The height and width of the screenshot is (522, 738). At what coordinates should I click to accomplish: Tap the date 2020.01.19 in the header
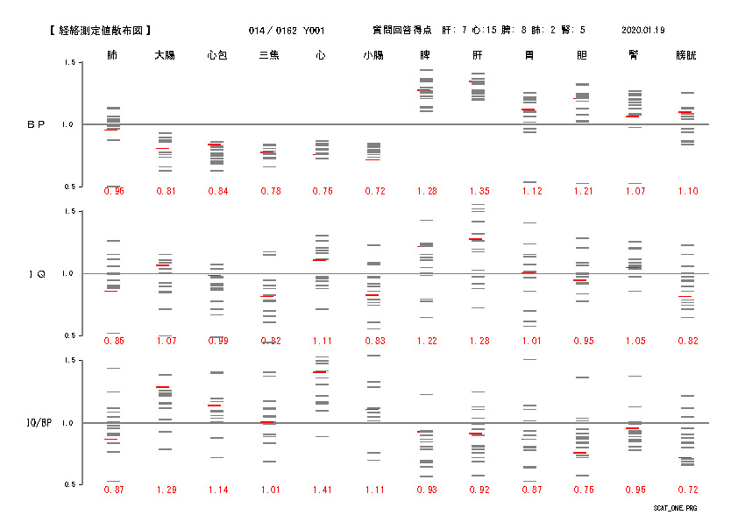643,31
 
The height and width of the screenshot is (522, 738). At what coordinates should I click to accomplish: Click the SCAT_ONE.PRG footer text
675,508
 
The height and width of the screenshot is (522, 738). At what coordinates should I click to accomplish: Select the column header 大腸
165,55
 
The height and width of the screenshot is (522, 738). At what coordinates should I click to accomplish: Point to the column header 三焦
269,55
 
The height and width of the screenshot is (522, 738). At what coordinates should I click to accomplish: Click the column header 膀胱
686,55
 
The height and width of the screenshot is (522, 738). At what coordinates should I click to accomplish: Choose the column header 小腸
373,55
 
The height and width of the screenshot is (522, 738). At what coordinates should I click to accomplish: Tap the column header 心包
216,55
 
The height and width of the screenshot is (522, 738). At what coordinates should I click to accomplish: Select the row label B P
36,124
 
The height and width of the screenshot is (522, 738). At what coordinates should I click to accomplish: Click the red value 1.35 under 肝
478,191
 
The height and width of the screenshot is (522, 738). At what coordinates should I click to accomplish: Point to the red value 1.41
321,490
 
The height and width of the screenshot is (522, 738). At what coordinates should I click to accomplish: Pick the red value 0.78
269,191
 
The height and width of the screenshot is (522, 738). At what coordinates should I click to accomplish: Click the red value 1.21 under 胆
582,191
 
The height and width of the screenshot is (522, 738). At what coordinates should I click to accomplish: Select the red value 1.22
426,341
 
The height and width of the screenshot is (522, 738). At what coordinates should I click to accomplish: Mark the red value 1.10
686,191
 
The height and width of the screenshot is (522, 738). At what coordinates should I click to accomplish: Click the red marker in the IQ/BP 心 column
320,372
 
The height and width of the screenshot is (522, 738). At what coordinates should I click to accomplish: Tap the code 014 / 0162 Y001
285,31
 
